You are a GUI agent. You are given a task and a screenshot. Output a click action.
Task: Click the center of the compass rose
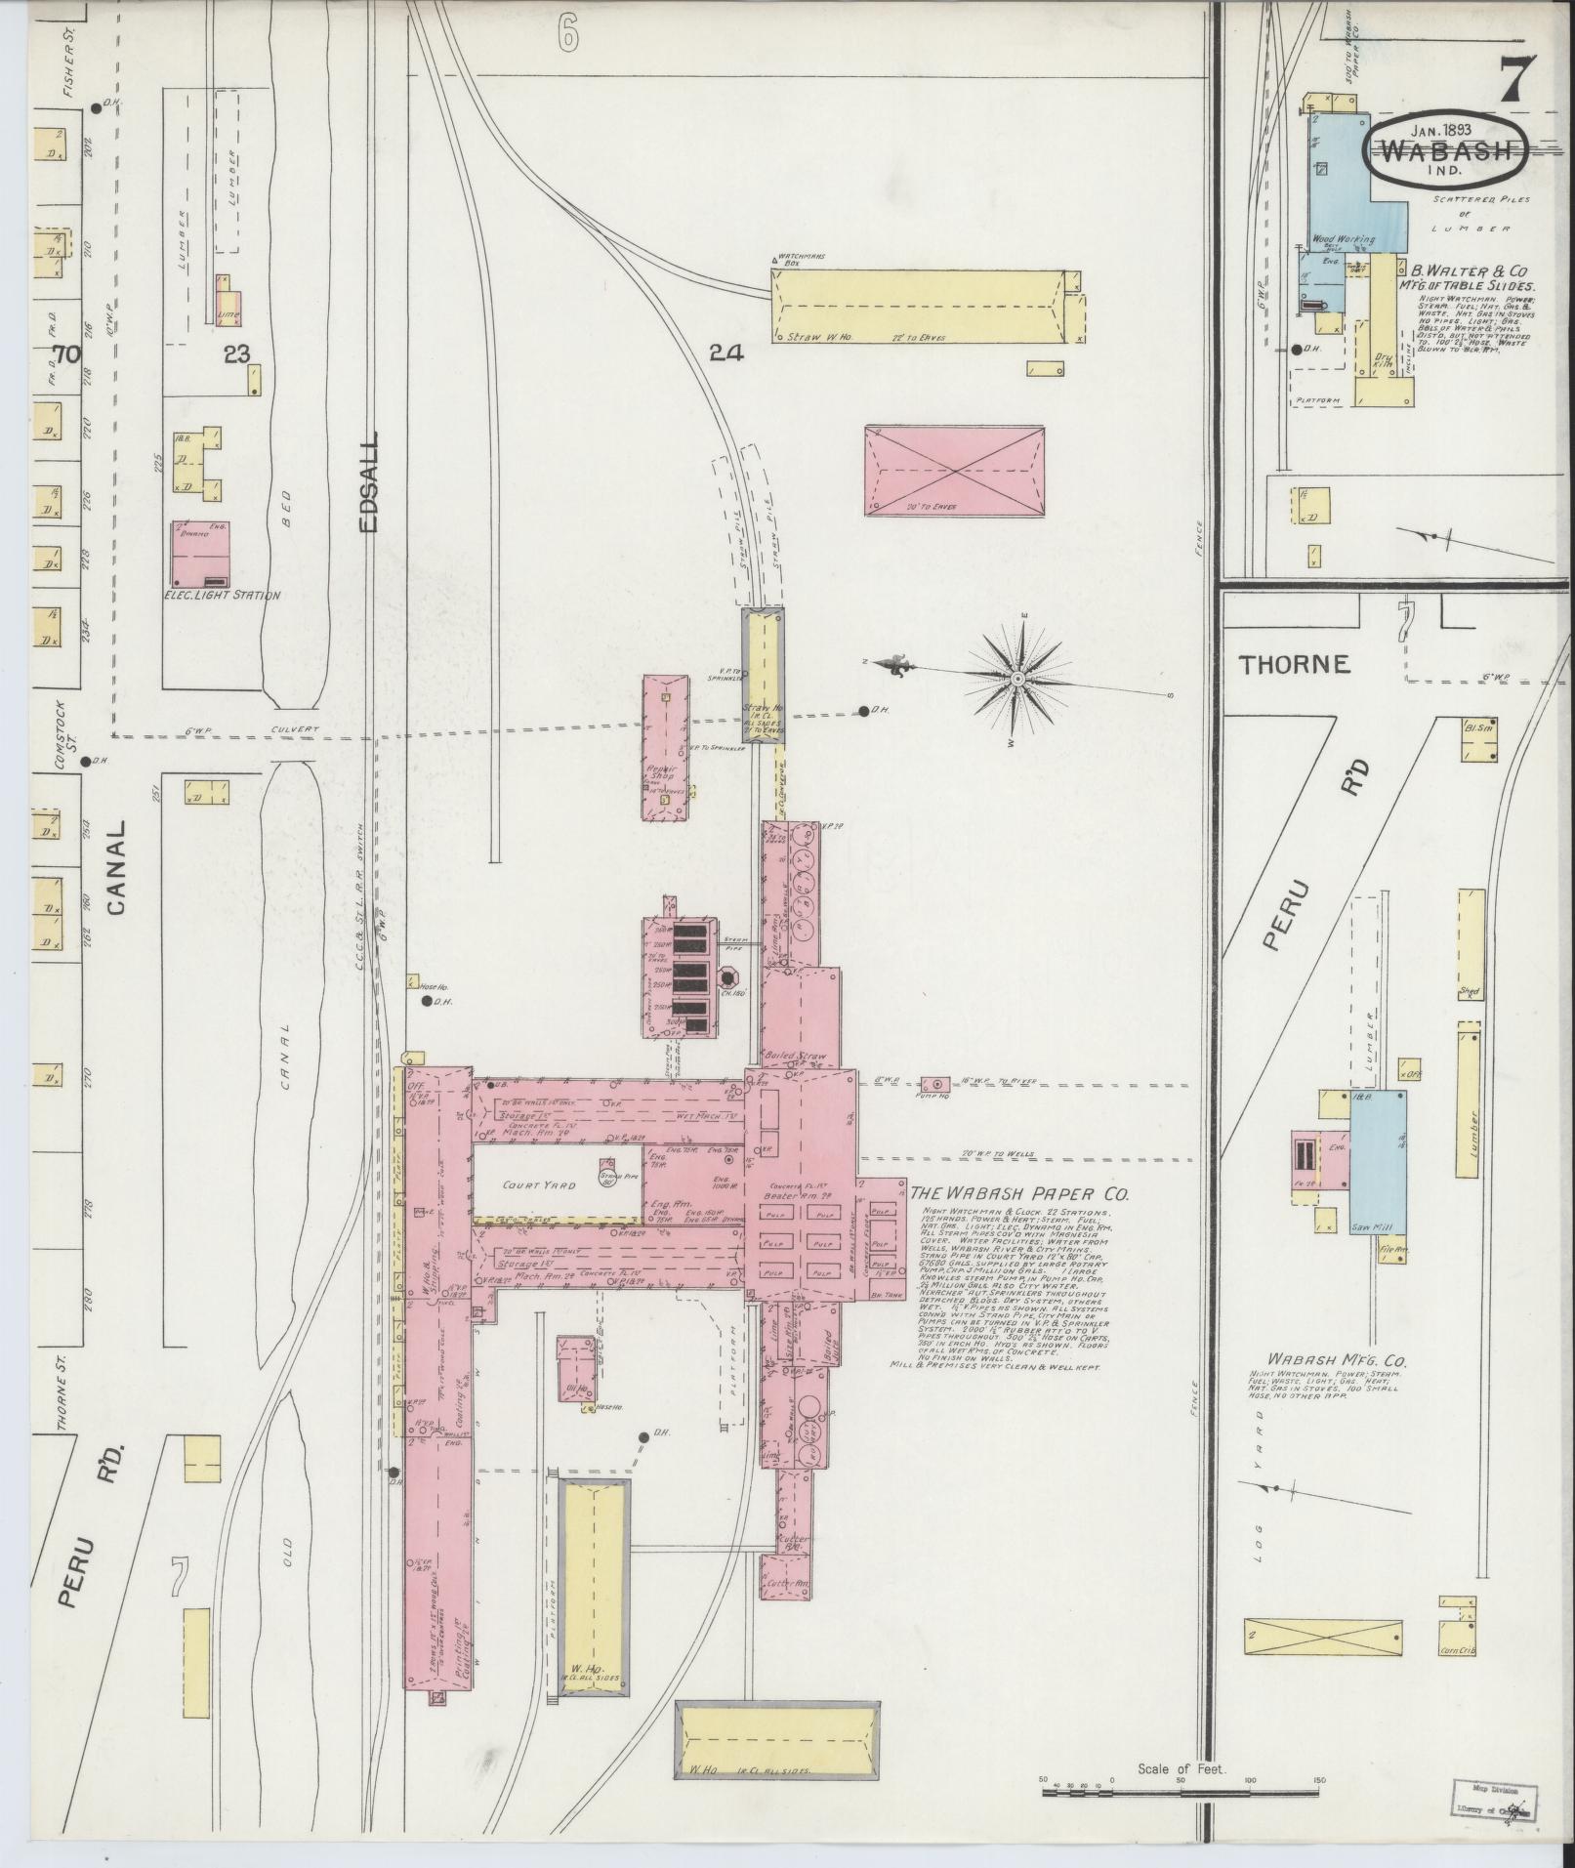pyautogui.click(x=1018, y=678)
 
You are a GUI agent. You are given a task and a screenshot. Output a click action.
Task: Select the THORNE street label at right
pyautogui.click(x=1294, y=665)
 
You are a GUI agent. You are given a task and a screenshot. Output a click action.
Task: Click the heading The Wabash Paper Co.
pyautogui.click(x=1019, y=1194)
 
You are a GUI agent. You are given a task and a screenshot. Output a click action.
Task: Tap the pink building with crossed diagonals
pyautogui.click(x=954, y=471)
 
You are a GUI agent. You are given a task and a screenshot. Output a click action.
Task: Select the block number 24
pyautogui.click(x=726, y=353)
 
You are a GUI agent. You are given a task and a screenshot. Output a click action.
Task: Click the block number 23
pyautogui.click(x=236, y=353)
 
